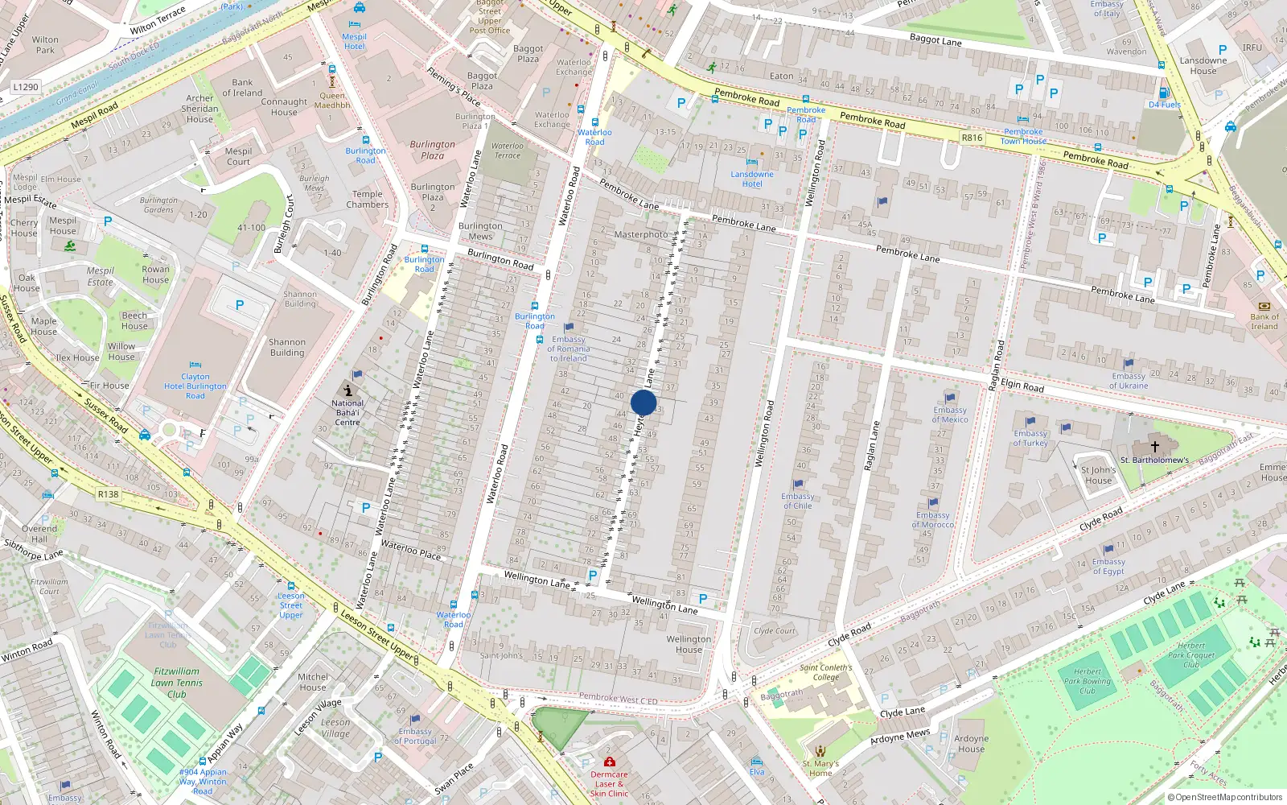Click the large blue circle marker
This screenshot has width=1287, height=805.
(643, 402)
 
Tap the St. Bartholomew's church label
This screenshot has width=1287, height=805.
(1154, 460)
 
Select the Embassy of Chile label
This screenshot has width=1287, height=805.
(797, 501)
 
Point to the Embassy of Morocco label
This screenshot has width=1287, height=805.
(933, 519)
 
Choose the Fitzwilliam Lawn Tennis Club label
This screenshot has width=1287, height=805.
(177, 683)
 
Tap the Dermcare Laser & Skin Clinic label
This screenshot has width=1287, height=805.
(609, 783)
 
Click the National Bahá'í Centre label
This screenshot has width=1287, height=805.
(347, 412)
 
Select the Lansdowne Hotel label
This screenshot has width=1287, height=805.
(752, 179)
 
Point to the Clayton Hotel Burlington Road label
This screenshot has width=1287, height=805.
(195, 386)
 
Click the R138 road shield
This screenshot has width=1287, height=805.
(108, 494)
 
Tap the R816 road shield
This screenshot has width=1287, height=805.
(972, 138)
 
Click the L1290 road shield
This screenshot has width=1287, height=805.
(26, 87)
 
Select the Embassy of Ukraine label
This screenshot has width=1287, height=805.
(1129, 381)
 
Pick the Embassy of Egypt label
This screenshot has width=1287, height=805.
(1108, 566)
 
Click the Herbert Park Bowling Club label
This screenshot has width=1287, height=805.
(1088, 681)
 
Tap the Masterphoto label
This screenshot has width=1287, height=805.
(641, 234)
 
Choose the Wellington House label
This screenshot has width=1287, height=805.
(689, 644)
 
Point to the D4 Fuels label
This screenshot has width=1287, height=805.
(1165, 105)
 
